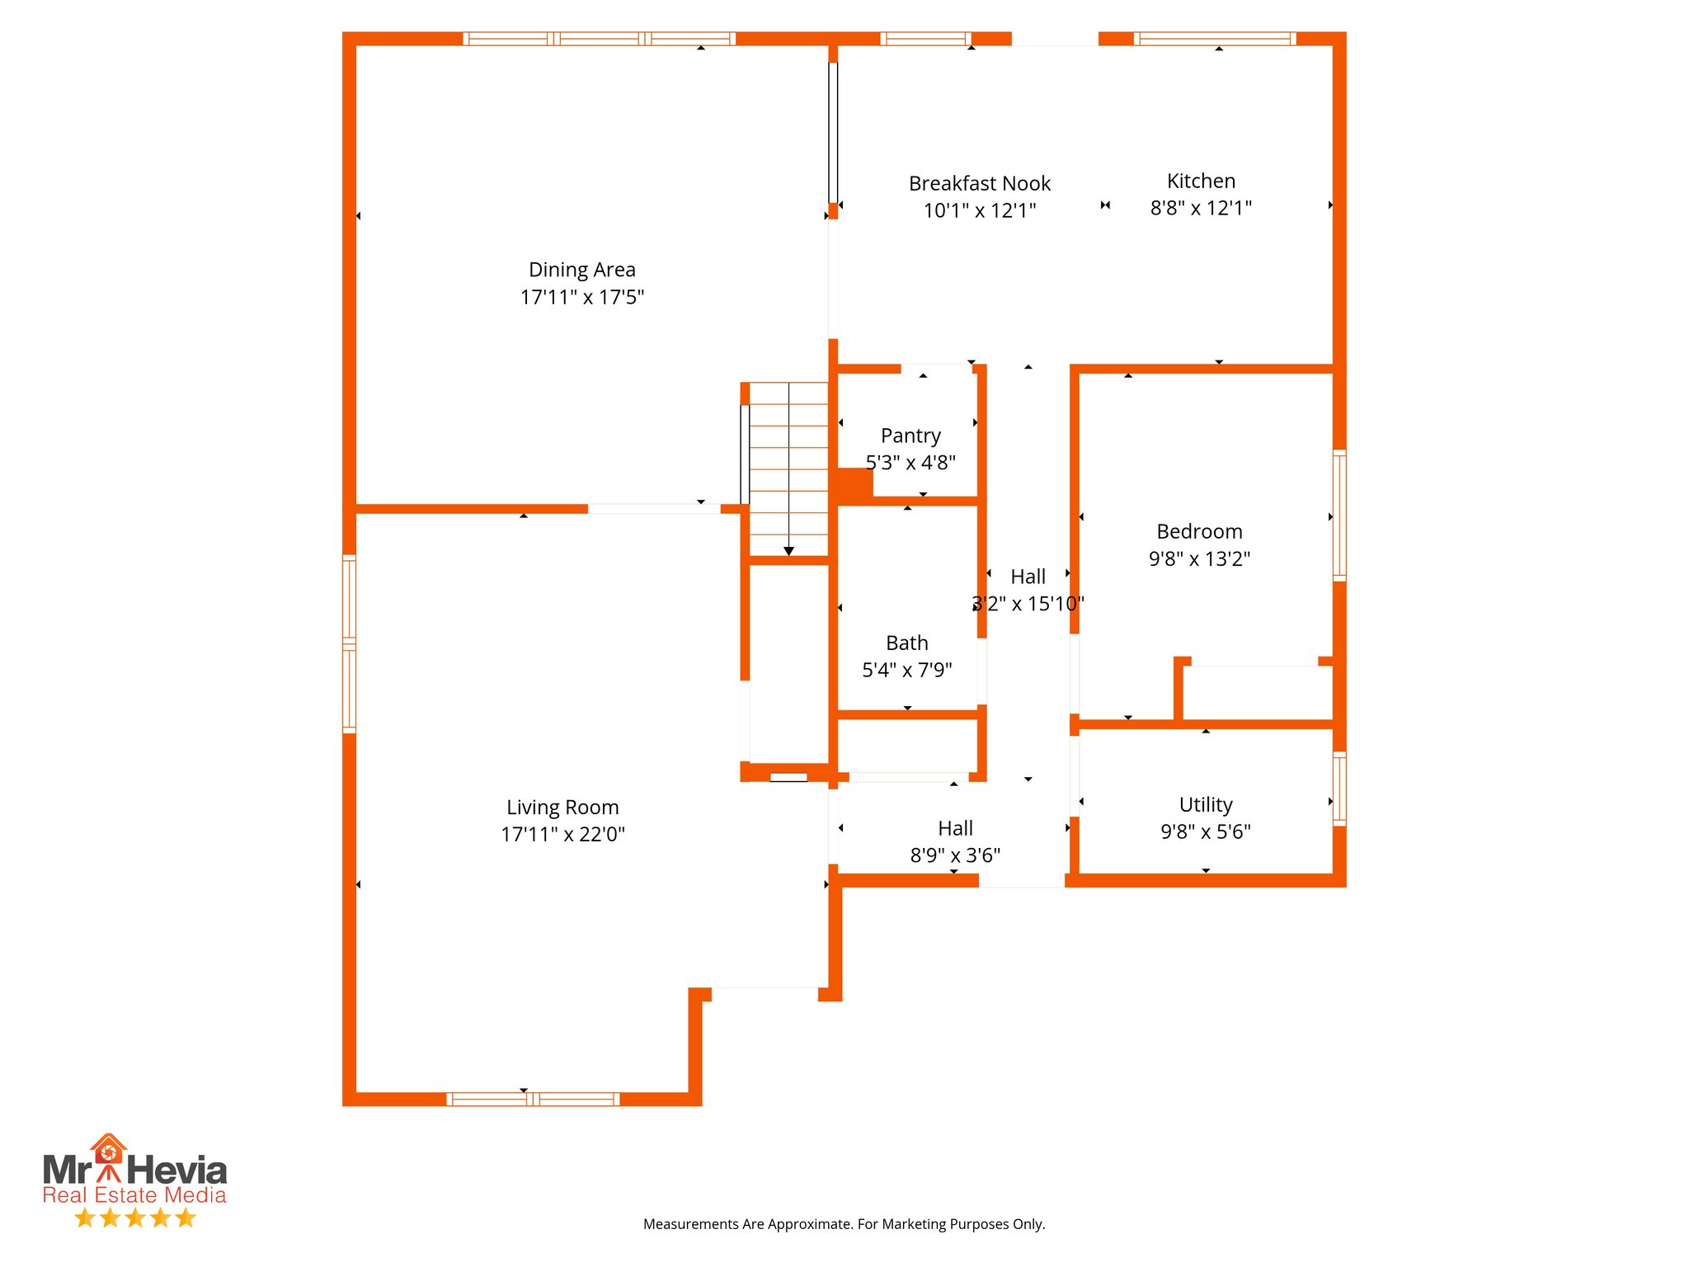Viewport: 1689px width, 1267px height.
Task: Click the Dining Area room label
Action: point(581,270)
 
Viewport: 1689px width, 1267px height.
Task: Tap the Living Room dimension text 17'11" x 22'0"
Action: point(563,834)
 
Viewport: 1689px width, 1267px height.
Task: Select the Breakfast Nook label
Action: point(980,183)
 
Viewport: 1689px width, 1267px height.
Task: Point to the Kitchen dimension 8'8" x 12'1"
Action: point(1201,208)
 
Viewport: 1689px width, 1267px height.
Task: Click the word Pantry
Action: point(910,436)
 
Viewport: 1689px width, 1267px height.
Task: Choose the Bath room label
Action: point(907,643)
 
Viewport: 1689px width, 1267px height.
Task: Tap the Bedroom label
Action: point(1199,531)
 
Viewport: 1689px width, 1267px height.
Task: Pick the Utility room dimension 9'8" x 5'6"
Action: point(1206,831)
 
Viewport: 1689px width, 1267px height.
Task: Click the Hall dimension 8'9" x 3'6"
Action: point(955,855)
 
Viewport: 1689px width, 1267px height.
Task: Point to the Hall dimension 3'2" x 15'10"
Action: point(1028,604)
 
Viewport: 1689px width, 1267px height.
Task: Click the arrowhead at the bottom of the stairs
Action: point(788,551)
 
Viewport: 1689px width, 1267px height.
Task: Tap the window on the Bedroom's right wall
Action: point(1339,516)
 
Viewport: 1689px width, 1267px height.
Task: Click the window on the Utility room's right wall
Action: point(1339,789)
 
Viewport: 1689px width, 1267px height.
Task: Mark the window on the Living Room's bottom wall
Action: point(533,1099)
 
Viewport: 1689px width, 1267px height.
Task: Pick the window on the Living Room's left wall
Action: point(349,644)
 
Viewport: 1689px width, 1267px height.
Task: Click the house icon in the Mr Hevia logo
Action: point(108,1149)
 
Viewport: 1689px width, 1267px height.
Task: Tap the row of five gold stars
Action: point(134,1218)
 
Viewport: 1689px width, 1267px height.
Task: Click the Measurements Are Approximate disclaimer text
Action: point(844,1224)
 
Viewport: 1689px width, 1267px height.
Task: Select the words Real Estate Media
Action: point(134,1195)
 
